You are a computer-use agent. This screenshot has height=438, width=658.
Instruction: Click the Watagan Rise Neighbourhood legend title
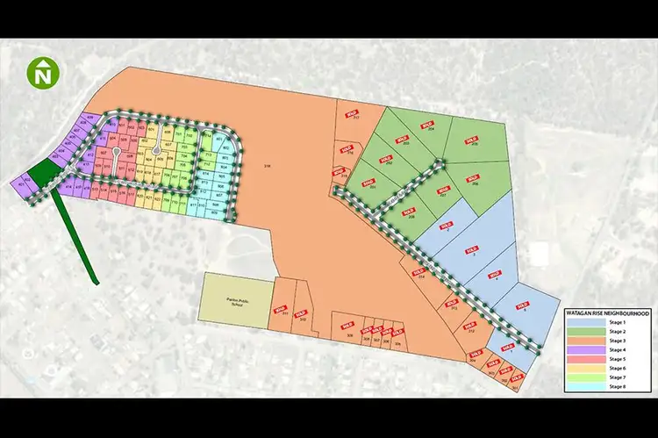(x=606, y=312)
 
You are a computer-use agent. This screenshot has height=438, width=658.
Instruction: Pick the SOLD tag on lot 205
(x=472, y=139)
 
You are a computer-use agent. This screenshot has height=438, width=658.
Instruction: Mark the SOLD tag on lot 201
(x=368, y=183)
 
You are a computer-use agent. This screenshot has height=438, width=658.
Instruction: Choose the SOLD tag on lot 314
(x=418, y=272)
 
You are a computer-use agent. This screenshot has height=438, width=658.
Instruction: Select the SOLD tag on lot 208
(x=408, y=212)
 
